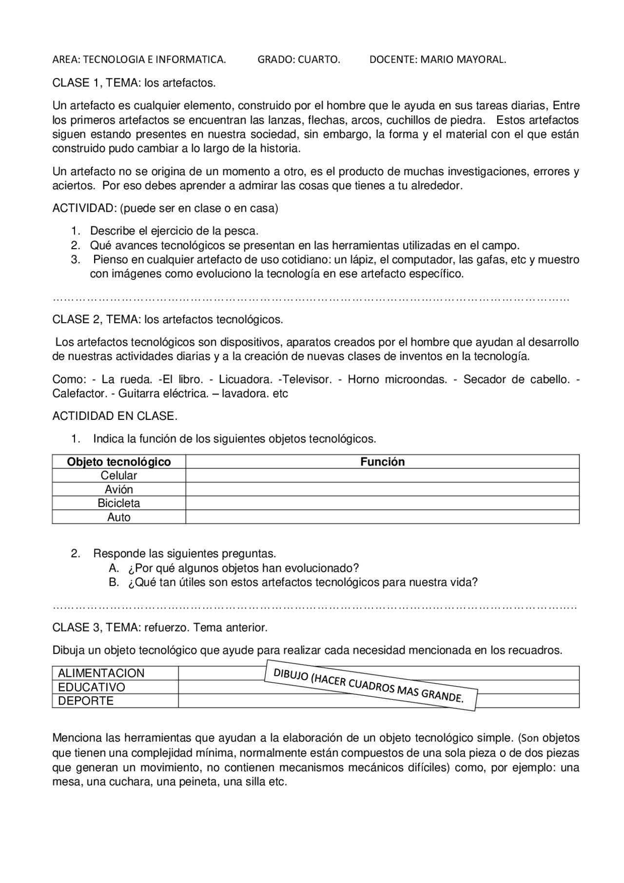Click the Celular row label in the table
[x=118, y=475]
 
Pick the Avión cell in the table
[x=118, y=489]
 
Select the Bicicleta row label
[x=118, y=503]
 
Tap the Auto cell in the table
[x=118, y=517]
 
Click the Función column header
[x=382, y=462]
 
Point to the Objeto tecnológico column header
[x=118, y=462]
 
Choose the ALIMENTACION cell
[x=101, y=673]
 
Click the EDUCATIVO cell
[x=92, y=687]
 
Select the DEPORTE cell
[x=86, y=701]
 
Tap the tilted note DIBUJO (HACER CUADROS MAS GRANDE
[x=370, y=685]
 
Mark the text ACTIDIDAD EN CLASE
[x=115, y=416]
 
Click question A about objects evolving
[x=243, y=568]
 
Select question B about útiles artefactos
[x=302, y=582]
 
